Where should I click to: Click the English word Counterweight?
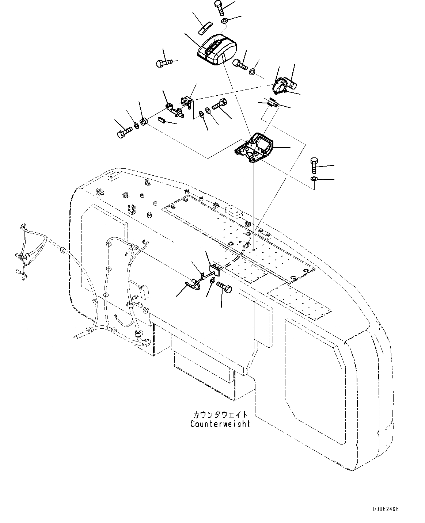click(220, 424)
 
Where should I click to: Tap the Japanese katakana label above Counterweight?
click(220, 415)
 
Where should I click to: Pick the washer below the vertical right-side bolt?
click(314, 179)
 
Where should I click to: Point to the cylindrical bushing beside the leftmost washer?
click(144, 121)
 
